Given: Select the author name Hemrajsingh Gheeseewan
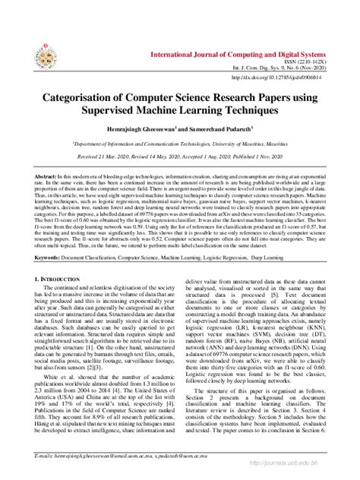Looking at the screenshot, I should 147,129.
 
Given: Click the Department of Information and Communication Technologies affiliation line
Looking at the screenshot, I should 180,142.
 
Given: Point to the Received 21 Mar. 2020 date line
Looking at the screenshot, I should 180,154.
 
